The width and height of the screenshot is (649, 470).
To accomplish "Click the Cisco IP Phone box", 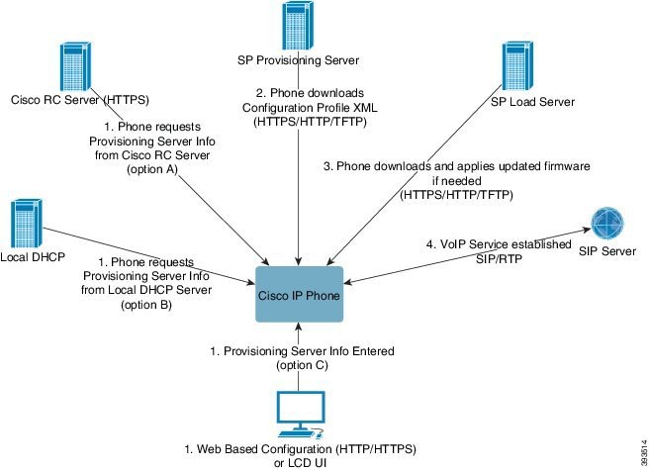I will click(x=297, y=293).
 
